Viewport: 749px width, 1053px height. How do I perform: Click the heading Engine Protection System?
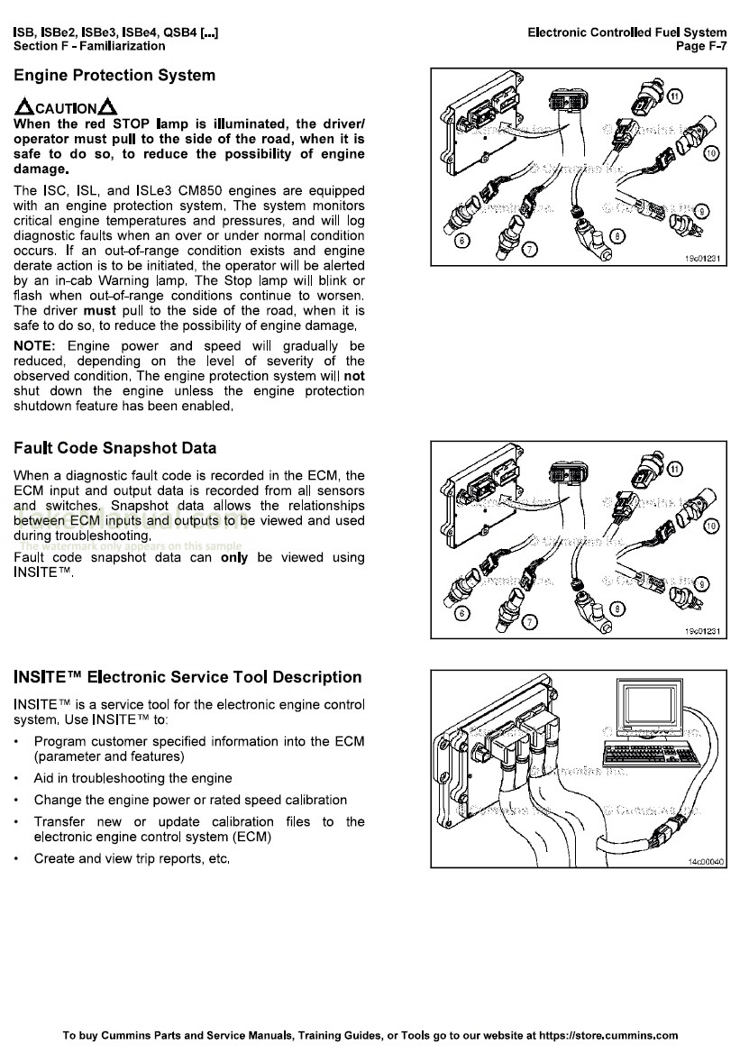(114, 76)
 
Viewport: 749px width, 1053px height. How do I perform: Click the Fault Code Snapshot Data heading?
(115, 448)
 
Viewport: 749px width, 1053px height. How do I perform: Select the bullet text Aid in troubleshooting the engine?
(132, 778)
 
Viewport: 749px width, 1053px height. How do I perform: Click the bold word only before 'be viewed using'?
(233, 558)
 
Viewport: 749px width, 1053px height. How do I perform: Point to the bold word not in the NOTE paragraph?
(354, 376)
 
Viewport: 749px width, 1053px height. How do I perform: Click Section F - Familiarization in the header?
(89, 46)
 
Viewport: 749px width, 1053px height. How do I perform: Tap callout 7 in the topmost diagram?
(530, 249)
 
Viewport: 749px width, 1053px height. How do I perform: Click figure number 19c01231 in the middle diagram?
(704, 631)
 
